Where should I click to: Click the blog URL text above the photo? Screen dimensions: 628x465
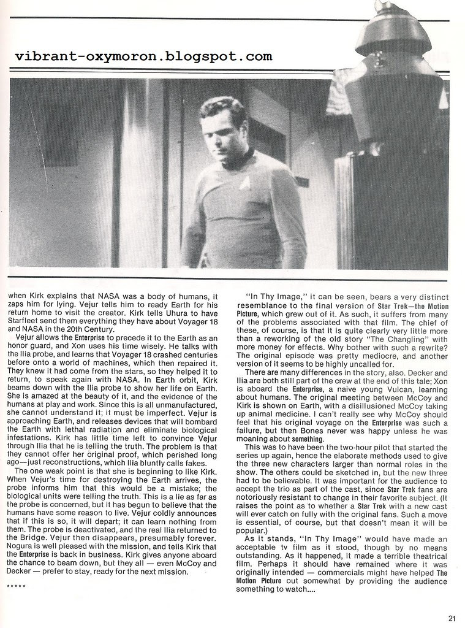[143, 57]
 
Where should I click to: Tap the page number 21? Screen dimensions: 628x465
[452, 618]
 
